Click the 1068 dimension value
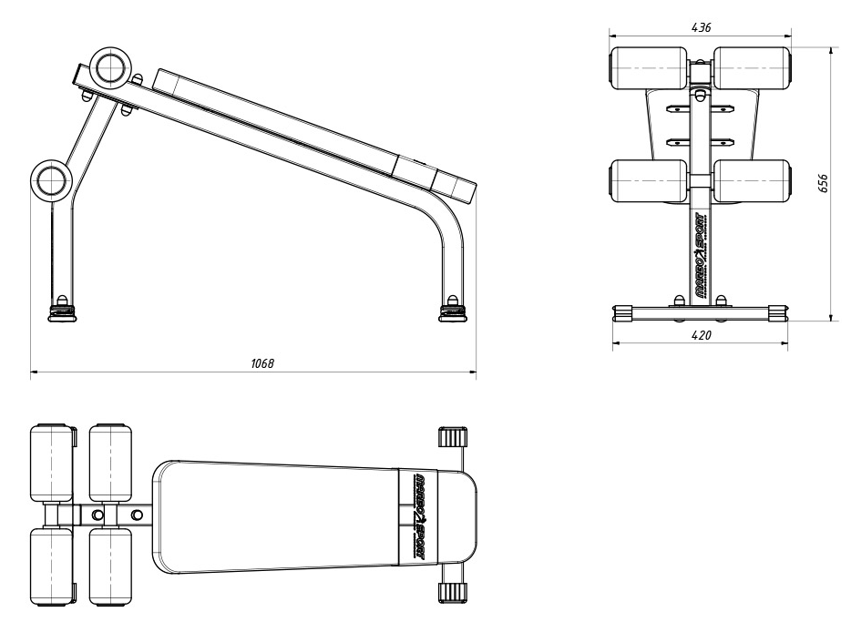coord(262,363)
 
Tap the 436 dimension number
coord(701,27)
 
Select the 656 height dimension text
coord(823,184)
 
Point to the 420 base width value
coord(701,335)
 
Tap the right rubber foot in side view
coord(452,312)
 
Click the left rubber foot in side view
coord(62,313)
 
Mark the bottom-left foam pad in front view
coord(650,179)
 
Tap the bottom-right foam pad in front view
coord(751,179)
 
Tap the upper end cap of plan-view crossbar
coord(452,436)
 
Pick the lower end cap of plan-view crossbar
coord(452,593)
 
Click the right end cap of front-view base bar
coord(774,312)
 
